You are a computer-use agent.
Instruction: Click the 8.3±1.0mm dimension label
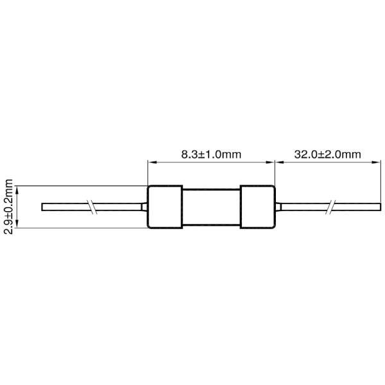pos(210,155)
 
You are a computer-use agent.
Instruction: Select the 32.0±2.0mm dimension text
pos(327,155)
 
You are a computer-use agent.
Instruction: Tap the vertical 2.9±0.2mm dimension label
pos(9,207)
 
